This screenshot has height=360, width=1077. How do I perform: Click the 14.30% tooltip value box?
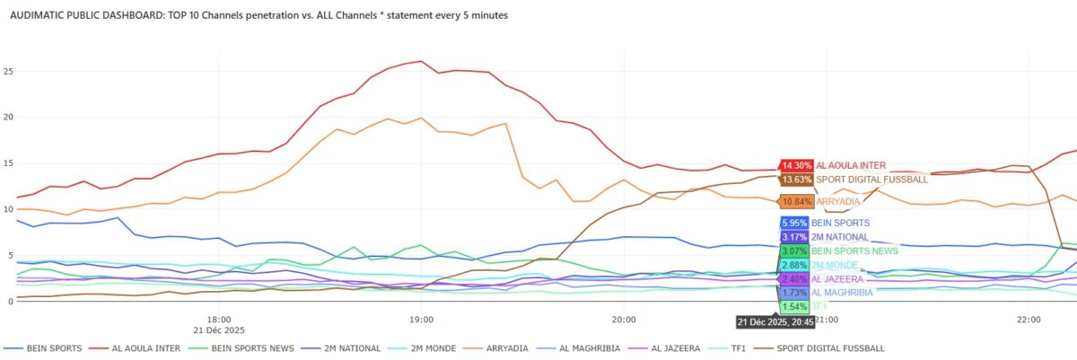pos(796,165)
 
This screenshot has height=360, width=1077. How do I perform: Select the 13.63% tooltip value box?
pos(796,180)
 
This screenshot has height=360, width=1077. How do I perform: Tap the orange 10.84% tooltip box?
pos(796,202)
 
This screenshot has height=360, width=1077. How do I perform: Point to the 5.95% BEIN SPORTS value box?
pos(793,223)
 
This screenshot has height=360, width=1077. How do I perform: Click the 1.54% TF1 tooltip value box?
pos(793,306)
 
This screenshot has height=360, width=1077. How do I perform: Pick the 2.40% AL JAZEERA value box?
pos(793,279)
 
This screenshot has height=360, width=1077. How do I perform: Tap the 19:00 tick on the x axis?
pos(421,319)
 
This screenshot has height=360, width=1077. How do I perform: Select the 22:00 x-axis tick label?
pos(1029,319)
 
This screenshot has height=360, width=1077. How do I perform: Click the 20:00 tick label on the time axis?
pos(624,319)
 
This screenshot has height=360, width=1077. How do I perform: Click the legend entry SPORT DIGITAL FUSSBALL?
pos(831,347)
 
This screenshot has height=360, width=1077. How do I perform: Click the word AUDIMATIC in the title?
pos(39,16)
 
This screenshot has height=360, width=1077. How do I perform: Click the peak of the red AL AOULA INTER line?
pos(421,61)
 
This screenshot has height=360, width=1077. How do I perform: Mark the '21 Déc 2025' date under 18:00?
pos(219,329)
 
